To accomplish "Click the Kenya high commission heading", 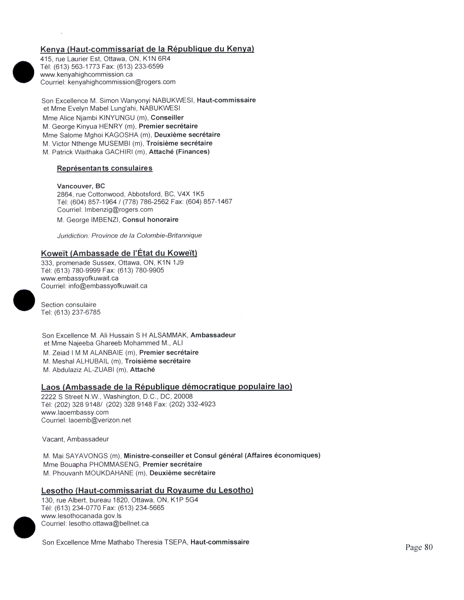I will tap(147, 49).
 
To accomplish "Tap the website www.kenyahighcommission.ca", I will tap(86, 74).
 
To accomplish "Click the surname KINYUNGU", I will tap(117, 118).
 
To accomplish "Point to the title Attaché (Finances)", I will tap(179, 152).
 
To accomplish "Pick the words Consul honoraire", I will tap(150, 219).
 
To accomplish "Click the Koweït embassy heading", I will tap(119, 253).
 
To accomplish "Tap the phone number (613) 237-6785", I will tap(77, 312).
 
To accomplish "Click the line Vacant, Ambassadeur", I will tap(75, 439).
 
